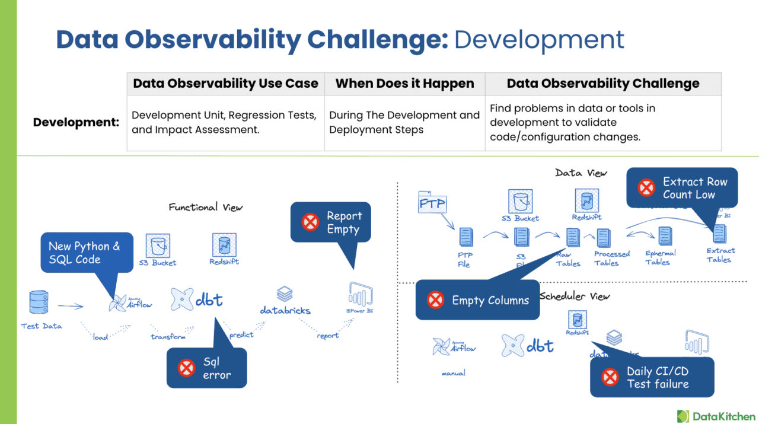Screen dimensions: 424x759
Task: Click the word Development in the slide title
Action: point(539,39)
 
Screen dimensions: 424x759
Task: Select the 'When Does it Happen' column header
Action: point(404,84)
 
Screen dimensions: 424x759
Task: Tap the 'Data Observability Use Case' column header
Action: point(225,84)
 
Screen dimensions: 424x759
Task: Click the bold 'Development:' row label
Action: point(76,122)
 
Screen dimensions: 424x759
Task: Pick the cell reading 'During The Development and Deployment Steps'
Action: point(404,122)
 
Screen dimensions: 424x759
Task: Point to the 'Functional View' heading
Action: point(205,207)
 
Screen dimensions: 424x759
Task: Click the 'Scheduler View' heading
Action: point(575,296)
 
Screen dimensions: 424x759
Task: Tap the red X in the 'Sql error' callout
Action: point(187,368)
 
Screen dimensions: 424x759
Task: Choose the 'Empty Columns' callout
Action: point(490,300)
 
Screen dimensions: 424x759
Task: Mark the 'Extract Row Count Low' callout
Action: point(688,188)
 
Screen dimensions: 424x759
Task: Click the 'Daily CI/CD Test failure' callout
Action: point(658,377)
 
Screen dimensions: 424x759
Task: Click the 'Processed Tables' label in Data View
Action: point(611,258)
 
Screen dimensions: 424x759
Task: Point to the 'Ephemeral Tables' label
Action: point(657,257)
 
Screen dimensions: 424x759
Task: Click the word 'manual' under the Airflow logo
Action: point(453,373)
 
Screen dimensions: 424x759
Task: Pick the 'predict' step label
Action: point(241,335)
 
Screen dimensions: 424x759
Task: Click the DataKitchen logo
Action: point(716,416)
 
